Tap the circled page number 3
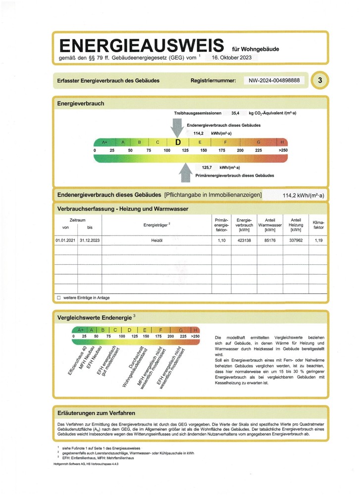(320, 80)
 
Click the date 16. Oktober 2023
(232, 58)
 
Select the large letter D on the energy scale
(178, 143)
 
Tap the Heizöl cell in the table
(156, 240)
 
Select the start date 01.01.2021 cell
(65, 240)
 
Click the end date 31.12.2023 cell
(89, 240)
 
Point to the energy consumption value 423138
(244, 240)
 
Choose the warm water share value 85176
(270, 240)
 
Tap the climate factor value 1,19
(318, 240)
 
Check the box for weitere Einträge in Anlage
(59, 298)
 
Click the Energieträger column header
(156, 224)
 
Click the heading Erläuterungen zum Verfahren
(96, 413)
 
